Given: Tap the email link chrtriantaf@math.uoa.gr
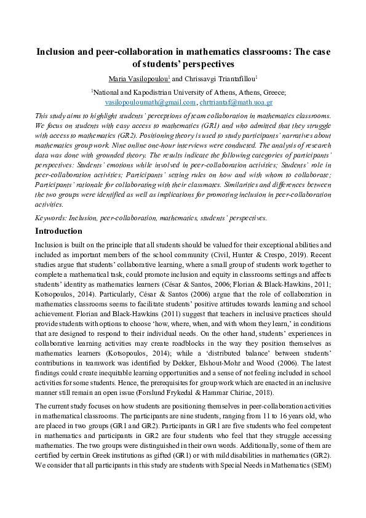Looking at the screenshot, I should (x=236, y=102).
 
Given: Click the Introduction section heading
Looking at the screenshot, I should (x=58, y=231).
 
